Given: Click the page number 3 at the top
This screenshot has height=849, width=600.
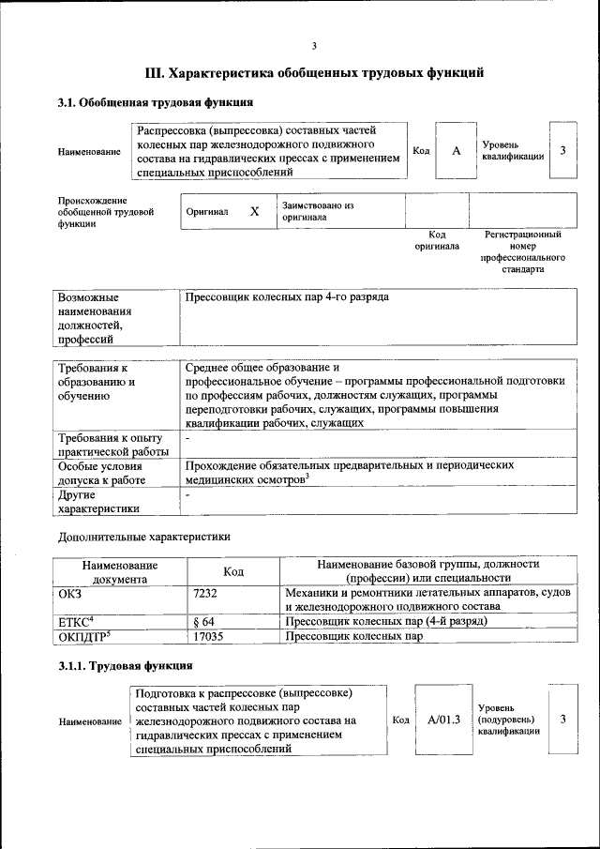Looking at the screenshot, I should coord(315,46).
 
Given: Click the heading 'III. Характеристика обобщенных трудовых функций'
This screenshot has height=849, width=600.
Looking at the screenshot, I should coord(314,71).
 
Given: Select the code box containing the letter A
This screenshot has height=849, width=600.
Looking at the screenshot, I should coord(456,151).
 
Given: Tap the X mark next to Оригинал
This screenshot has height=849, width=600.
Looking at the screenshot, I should coord(253,212).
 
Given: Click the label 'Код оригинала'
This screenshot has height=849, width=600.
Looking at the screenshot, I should coord(437,240).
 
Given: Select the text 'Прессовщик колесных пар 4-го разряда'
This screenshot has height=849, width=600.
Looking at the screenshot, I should coord(287,297).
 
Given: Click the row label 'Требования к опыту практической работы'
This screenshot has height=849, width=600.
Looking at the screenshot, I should coord(111,445).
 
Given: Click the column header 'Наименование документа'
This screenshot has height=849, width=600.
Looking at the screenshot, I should coord(119,571).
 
